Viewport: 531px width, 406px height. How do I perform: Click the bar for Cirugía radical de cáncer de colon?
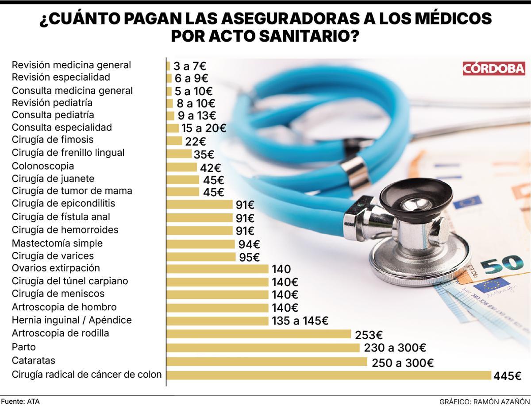[x=329, y=375]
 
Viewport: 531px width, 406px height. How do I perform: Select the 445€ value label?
[x=508, y=376]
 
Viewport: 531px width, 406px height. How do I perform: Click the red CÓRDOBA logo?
[x=493, y=69]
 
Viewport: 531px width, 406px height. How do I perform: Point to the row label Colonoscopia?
[x=43, y=166]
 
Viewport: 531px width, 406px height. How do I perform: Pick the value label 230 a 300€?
[x=395, y=348]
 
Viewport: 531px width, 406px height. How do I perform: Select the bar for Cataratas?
[x=267, y=362]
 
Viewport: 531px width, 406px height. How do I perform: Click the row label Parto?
[x=23, y=347]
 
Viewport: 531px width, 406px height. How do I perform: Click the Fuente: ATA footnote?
[x=20, y=401]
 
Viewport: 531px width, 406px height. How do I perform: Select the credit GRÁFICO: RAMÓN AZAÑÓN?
[x=484, y=402]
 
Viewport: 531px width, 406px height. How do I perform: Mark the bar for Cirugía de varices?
[x=201, y=257]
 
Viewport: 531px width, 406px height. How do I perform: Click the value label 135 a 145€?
[x=300, y=321]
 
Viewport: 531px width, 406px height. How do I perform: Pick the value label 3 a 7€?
[x=190, y=66]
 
